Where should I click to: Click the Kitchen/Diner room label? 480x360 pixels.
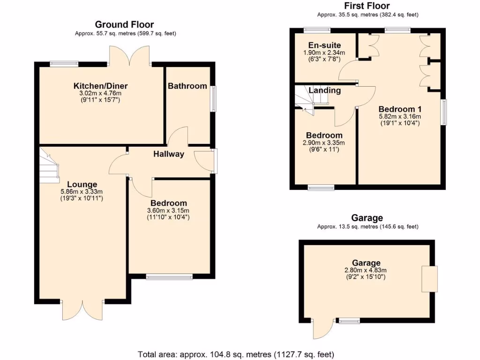tap(100, 86)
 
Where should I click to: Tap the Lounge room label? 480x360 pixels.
tap(82, 184)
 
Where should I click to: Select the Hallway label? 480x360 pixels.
tap(169, 154)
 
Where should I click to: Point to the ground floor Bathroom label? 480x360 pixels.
tap(187, 86)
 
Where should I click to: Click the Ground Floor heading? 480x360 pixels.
tap(124, 24)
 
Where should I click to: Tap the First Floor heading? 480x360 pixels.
tap(367, 6)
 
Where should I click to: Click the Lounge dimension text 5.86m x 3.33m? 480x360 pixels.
tap(82, 191)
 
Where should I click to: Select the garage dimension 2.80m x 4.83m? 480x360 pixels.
tap(366, 270)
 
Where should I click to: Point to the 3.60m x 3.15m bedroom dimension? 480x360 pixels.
tap(168, 210)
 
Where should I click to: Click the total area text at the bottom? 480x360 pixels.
tap(236, 354)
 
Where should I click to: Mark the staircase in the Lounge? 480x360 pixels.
tap(49, 165)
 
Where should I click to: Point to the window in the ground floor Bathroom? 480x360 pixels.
tap(213, 98)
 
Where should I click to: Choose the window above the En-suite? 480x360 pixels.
tap(316, 30)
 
